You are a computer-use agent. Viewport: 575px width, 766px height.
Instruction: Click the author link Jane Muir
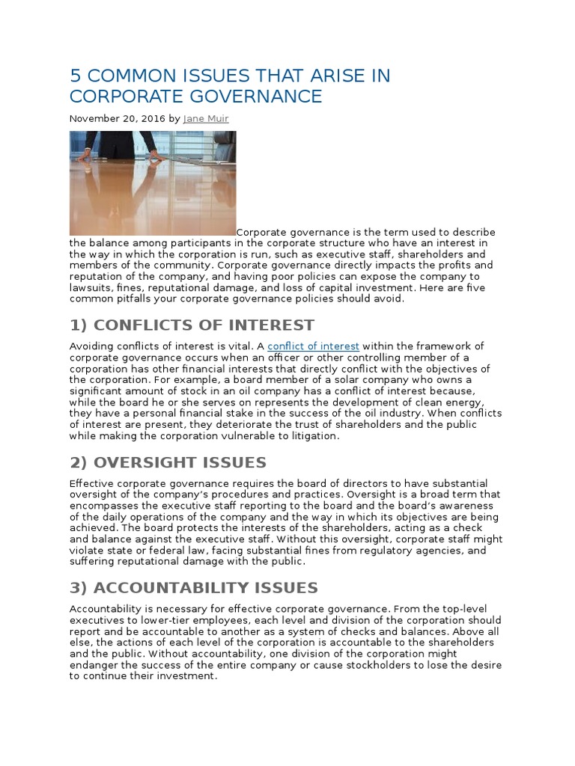(205, 118)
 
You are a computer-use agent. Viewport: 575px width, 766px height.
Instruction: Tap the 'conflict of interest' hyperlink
(313, 346)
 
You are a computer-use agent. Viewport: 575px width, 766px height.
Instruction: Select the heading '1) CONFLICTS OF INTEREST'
(192, 325)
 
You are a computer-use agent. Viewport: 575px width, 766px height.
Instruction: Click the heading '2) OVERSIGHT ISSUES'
(168, 462)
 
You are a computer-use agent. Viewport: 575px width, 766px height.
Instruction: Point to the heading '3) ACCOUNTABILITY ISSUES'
(193, 587)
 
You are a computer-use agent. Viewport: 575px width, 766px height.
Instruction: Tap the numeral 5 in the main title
(75, 76)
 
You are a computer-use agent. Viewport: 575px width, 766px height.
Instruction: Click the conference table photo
(153, 183)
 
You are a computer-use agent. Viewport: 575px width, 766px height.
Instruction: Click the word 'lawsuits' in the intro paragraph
(91, 287)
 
